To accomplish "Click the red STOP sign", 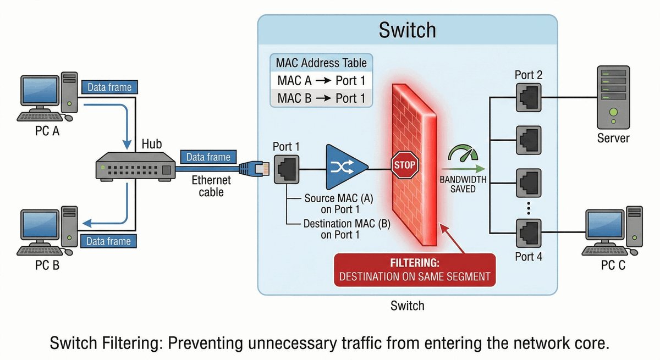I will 405,164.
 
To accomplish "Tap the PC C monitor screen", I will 605,228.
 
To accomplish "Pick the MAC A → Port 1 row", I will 321,81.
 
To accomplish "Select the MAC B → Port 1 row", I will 321,98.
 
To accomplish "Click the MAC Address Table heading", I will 321,62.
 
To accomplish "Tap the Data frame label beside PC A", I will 109,87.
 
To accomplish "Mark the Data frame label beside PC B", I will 109,241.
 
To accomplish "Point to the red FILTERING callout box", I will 415,270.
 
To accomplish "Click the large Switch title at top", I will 407,30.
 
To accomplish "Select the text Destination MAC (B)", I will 339,224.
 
